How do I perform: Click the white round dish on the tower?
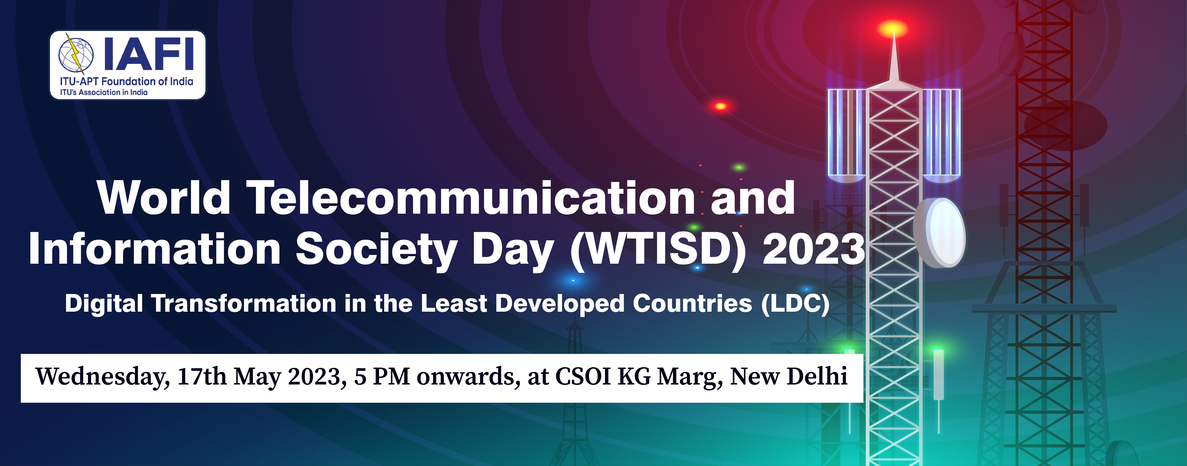[940, 233]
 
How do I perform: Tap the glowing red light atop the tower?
[893, 28]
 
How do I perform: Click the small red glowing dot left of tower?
[721, 106]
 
